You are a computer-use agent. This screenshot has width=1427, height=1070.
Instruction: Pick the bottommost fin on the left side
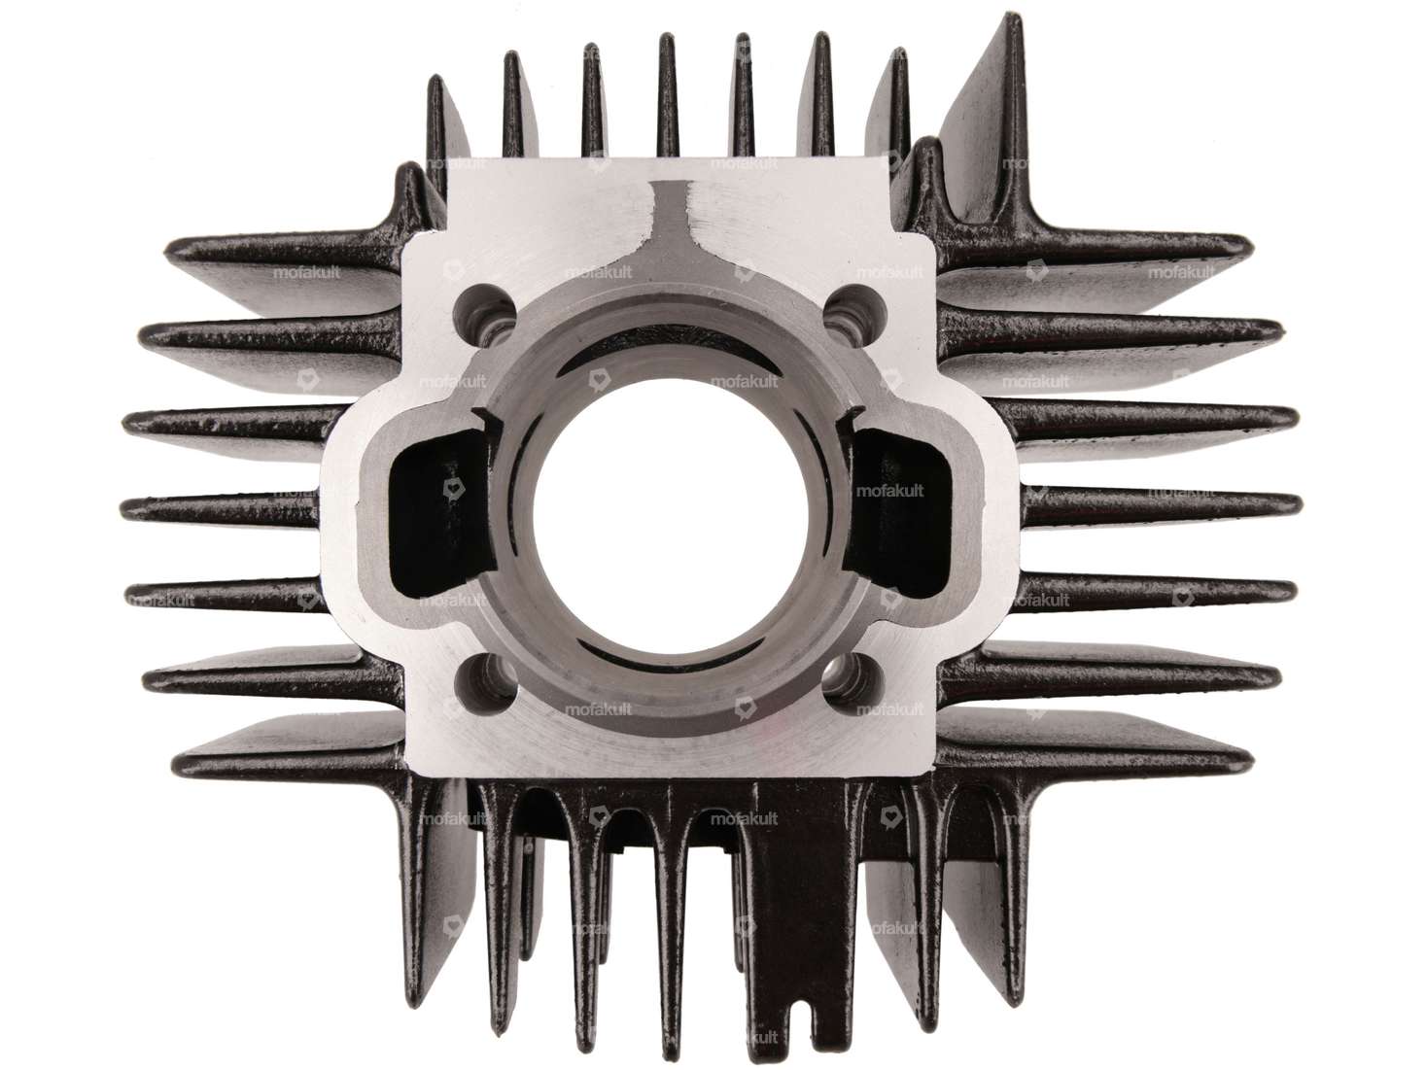[292, 753]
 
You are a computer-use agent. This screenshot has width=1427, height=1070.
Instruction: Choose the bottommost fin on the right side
[1089, 753]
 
